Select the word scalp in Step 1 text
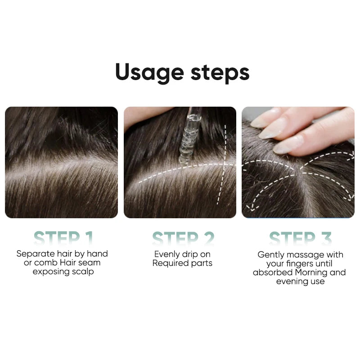click(83, 272)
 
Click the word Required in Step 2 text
click(169, 263)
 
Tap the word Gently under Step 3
click(271, 255)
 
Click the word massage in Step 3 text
click(304, 255)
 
